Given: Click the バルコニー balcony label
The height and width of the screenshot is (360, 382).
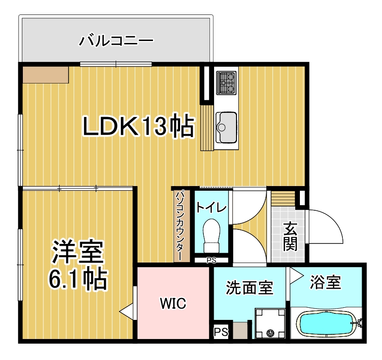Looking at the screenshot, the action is (x=116, y=41).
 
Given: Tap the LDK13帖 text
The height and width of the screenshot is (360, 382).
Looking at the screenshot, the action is (x=139, y=125).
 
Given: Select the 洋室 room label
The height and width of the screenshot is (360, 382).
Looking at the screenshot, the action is (x=78, y=252).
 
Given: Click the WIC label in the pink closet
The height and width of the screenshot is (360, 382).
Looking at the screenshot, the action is (x=173, y=303).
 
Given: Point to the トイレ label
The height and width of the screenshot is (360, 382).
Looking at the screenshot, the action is (x=211, y=208).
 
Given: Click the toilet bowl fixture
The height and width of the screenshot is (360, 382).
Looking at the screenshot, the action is (x=211, y=235).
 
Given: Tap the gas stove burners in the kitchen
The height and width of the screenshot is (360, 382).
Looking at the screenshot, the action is (x=226, y=83).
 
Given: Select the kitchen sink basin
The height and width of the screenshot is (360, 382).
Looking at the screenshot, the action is (x=226, y=127).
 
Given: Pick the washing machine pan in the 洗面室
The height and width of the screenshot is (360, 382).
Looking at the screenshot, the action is (x=270, y=323).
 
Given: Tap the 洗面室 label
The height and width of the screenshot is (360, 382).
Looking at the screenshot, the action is (x=250, y=287).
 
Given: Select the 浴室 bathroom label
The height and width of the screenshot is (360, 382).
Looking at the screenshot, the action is (x=325, y=282).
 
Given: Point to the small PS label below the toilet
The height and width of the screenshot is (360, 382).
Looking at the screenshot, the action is (x=211, y=261).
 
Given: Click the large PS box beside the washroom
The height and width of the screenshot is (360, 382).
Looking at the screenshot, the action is (x=221, y=332).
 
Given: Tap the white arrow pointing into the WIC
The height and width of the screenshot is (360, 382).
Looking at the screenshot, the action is (x=126, y=311).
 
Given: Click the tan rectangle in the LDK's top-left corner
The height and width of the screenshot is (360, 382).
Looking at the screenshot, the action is (x=46, y=75).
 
